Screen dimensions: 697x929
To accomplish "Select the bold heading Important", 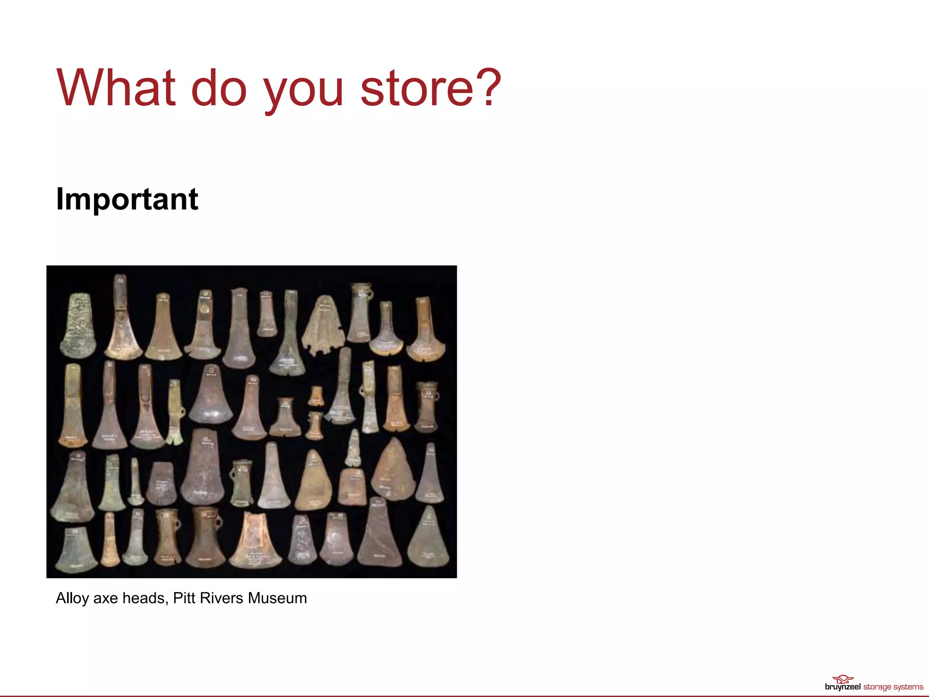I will click(x=127, y=199).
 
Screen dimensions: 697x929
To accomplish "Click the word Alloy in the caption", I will click(x=72, y=598).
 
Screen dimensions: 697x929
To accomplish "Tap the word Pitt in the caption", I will click(x=184, y=598).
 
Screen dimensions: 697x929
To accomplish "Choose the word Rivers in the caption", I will click(x=221, y=598).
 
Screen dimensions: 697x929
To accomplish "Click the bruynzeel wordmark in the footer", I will click(x=842, y=687).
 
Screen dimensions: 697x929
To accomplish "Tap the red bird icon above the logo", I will click(x=843, y=679).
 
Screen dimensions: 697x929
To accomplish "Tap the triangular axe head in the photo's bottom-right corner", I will click(x=428, y=540).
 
